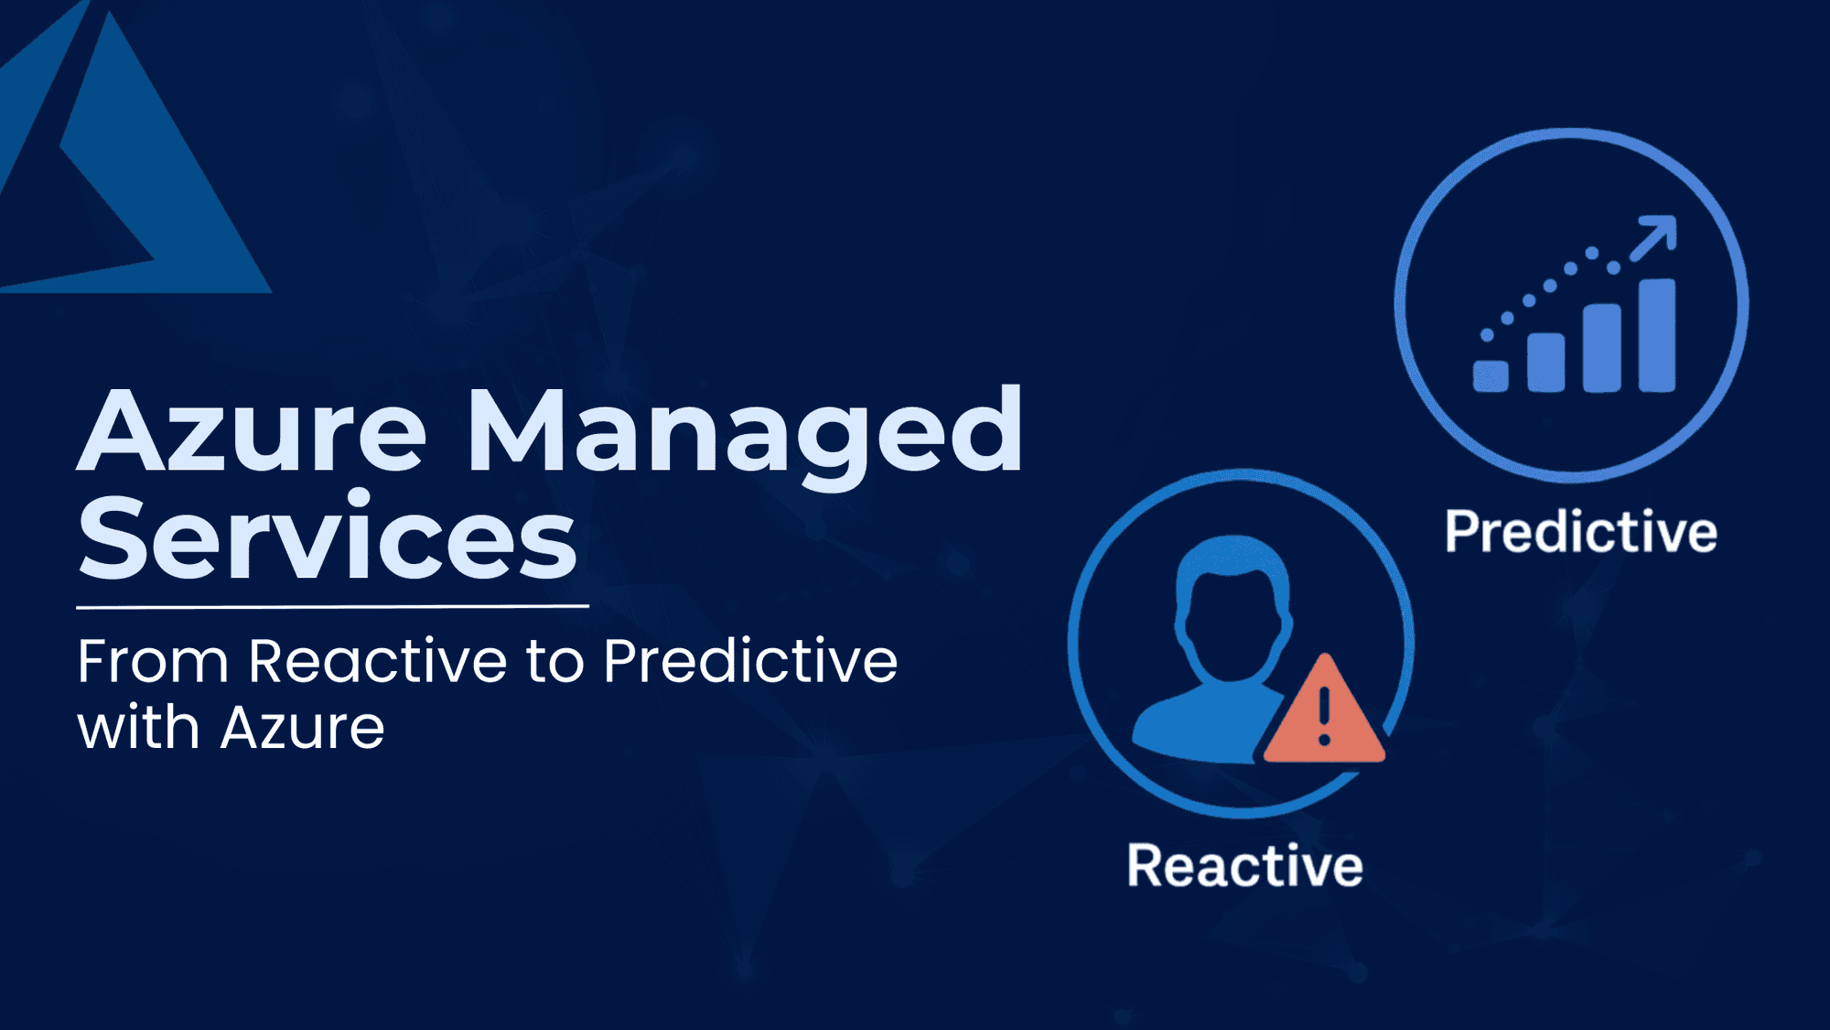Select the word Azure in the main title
(252, 430)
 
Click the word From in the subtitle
(152, 661)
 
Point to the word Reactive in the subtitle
(377, 661)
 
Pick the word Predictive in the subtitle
(750, 661)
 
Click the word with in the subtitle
(138, 729)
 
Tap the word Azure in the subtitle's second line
(302, 729)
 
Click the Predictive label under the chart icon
(1581, 532)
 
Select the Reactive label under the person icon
(1244, 865)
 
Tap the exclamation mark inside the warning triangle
(1324, 714)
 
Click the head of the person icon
(1233, 609)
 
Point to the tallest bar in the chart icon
(1656, 335)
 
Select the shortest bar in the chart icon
(1491, 375)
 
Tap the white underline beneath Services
(332, 606)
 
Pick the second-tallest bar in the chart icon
(1601, 348)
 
